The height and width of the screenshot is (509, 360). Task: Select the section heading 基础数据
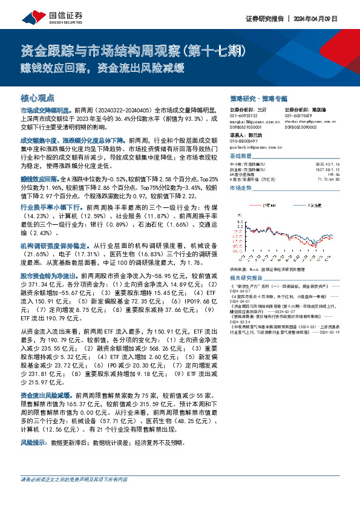click(x=240, y=155)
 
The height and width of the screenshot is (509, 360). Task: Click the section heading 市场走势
click(x=240, y=188)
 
